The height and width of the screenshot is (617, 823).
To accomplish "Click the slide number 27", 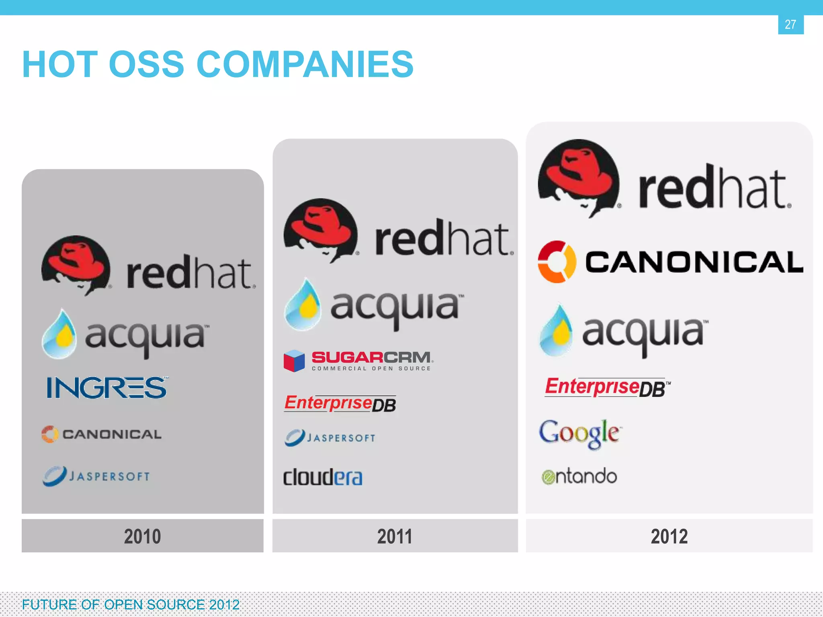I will point(790,25).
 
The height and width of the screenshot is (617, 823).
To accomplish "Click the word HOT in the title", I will point(60,64).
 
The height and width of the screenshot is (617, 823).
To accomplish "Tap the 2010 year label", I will point(143,536).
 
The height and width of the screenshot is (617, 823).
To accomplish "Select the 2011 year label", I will point(395,536).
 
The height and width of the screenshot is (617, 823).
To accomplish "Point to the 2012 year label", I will point(669,536).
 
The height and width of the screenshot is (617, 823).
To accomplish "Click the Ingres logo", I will point(107,388).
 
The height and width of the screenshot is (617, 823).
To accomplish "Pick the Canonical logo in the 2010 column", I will point(102,434).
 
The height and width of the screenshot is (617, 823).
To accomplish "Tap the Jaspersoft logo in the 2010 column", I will point(96,476).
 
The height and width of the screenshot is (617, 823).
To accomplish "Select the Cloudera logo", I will point(323,477).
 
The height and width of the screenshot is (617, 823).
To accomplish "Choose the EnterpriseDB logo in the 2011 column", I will point(340,403).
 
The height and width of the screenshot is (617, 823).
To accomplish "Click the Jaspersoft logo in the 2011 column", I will point(330,437).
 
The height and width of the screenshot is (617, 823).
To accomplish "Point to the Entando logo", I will point(579,476).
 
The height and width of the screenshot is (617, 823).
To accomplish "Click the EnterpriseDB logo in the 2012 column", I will point(607,387).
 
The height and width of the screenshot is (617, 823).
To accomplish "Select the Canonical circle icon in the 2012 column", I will point(557,262).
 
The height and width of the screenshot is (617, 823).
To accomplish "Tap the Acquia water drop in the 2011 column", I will point(303,305).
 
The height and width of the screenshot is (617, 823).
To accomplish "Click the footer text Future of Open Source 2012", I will point(131,605).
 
